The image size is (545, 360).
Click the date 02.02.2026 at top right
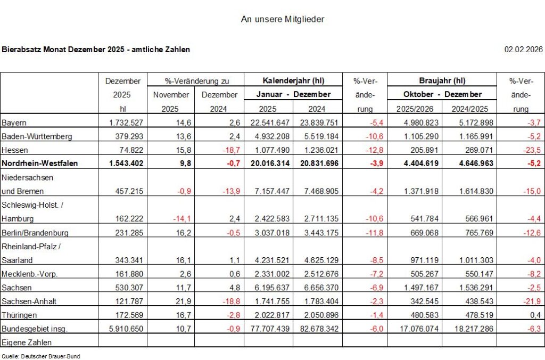[x=523, y=50]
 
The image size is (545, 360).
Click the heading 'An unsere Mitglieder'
[x=283, y=19]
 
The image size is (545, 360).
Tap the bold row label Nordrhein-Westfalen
[x=40, y=163]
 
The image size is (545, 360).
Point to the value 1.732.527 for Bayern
[x=123, y=122]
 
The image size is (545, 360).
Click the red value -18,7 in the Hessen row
[x=229, y=150]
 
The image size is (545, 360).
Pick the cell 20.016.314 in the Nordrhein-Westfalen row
[x=270, y=163]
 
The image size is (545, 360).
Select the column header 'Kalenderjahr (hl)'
[x=293, y=81]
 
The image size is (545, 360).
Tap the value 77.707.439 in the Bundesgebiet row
[x=270, y=329]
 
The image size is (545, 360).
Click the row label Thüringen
[x=19, y=315]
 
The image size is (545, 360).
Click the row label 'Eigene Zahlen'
[x=27, y=342]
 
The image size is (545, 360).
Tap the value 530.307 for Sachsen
[x=127, y=288]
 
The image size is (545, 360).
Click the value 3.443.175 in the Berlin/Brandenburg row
[x=316, y=233]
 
